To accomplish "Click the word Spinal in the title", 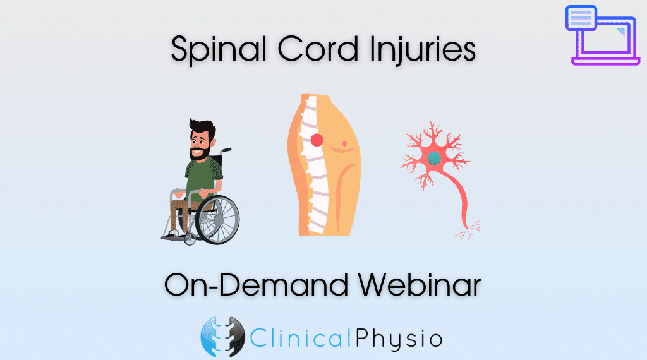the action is click(x=219, y=50).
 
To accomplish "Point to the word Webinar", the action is click(x=420, y=284).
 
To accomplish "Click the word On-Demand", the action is click(x=257, y=284).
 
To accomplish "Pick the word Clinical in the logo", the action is click(x=300, y=339).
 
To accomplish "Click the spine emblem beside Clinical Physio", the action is click(x=222, y=337).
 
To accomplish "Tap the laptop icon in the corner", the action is click(x=603, y=35).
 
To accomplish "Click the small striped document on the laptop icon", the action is click(x=581, y=18).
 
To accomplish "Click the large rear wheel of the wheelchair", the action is click(x=217, y=219).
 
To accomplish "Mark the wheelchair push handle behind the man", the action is click(x=226, y=150).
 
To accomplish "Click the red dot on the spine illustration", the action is click(x=317, y=140).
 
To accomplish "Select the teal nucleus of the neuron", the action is click(x=433, y=158).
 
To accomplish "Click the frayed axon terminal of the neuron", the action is click(x=469, y=230).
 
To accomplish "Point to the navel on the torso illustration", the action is click(x=344, y=143).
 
